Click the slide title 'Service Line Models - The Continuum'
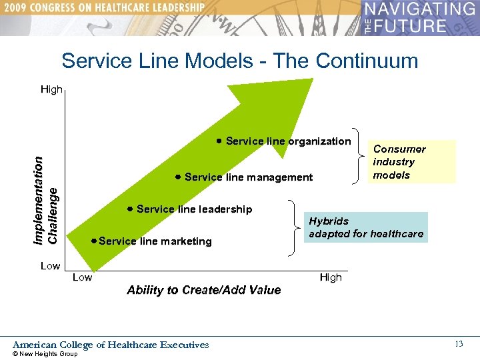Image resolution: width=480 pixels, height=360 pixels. coord(239,61)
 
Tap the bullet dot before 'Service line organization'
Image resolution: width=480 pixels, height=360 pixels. coord(219,141)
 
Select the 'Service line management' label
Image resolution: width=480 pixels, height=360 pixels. coord(248,177)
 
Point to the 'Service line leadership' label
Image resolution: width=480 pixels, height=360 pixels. coord(194,209)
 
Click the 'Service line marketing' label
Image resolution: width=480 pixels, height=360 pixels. coord(155,241)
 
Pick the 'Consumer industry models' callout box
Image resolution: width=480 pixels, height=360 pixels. coord(412,162)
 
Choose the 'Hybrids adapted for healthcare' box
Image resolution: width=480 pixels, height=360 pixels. coord(365,227)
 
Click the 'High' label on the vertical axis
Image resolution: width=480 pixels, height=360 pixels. coord(51,89)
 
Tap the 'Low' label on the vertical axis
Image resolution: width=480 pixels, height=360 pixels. coord(50,266)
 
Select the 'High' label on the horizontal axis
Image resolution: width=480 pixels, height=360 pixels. coord(331,277)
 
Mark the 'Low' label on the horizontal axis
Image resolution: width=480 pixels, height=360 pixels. coord(82,277)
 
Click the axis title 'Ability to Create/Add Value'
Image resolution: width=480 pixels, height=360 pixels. coord(203,290)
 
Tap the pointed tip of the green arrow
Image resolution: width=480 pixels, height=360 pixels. coord(311,81)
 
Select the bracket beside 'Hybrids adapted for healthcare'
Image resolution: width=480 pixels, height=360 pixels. coord(294,227)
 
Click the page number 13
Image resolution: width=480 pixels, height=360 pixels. coord(458,344)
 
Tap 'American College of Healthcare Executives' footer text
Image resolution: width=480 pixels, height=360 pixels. coord(111,345)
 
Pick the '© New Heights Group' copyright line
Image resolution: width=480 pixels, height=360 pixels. coord(45,354)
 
